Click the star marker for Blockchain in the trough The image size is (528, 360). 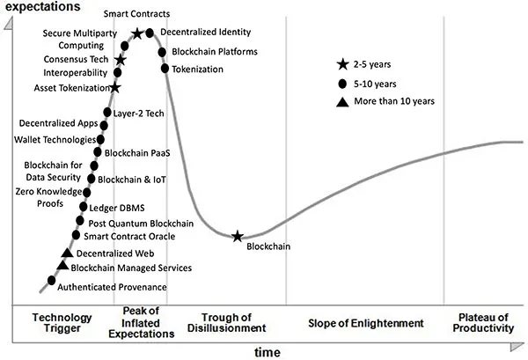[x=238, y=236]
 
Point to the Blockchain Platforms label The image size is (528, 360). [x=214, y=52]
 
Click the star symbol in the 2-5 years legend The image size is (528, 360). [x=343, y=64]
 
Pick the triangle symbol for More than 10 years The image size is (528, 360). [x=343, y=101]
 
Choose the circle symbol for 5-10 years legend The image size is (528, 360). [x=343, y=83]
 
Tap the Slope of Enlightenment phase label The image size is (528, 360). [x=366, y=322]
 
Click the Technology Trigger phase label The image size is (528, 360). [x=62, y=322]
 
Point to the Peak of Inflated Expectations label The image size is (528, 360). [x=140, y=322]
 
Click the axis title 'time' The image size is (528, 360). [x=268, y=352]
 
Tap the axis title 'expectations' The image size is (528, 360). [x=44, y=7]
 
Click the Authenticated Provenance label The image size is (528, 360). [x=112, y=287]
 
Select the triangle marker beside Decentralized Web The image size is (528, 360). [x=67, y=253]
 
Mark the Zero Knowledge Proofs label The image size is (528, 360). [x=48, y=197]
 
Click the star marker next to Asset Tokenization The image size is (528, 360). [x=115, y=88]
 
